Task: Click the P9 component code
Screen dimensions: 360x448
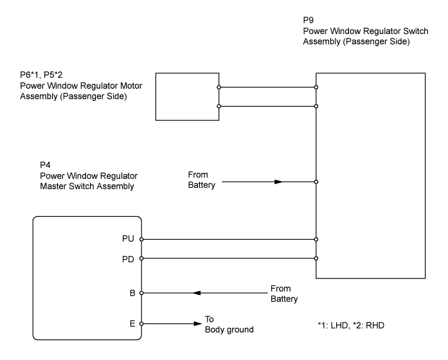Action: coord(308,20)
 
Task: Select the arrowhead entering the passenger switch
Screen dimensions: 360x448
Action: coord(278,182)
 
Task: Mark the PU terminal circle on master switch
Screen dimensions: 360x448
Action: coord(141,239)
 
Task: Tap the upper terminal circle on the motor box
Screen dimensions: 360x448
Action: coord(219,87)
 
